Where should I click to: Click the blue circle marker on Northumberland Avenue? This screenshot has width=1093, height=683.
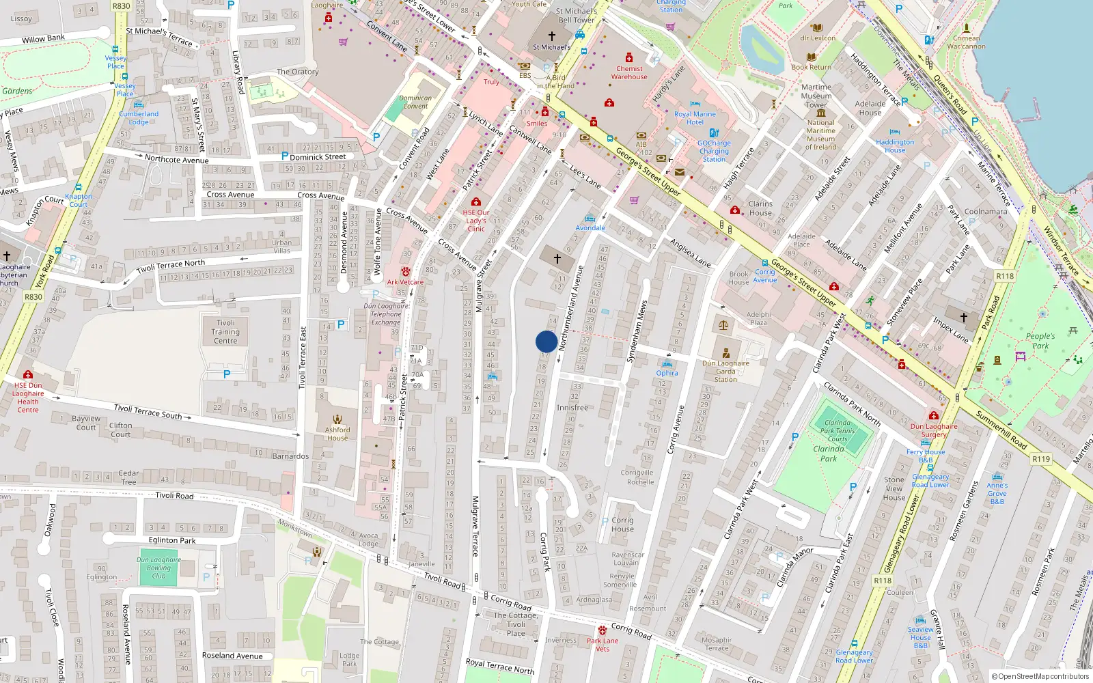[546, 341]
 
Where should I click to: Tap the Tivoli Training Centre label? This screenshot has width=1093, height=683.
[225, 332]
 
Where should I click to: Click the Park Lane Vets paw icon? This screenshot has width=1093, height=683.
[602, 630]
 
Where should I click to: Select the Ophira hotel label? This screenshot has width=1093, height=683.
[667, 373]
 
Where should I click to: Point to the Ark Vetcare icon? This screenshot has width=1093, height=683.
[406, 272]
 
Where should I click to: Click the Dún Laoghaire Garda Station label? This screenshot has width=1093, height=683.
[725, 372]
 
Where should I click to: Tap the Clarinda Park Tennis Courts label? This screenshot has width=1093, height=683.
[838, 431]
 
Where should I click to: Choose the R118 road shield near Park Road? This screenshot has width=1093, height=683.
[1005, 277]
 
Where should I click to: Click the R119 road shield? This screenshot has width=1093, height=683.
[1041, 459]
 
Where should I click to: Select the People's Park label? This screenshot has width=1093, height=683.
[1040, 341]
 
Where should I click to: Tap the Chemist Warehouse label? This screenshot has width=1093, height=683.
[629, 72]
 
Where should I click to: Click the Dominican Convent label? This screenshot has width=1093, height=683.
[415, 102]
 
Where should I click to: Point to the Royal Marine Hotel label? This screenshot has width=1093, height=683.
[695, 118]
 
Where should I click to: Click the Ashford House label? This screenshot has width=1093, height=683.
[337, 434]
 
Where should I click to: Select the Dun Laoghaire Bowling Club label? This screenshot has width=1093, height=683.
[158, 568]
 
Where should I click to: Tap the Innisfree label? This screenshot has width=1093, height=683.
[572, 408]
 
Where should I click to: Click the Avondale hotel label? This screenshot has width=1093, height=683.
[590, 228]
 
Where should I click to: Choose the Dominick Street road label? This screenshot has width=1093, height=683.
[318, 157]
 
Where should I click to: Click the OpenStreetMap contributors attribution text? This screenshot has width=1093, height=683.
[1040, 676]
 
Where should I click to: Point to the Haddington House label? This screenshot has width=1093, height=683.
[895, 146]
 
